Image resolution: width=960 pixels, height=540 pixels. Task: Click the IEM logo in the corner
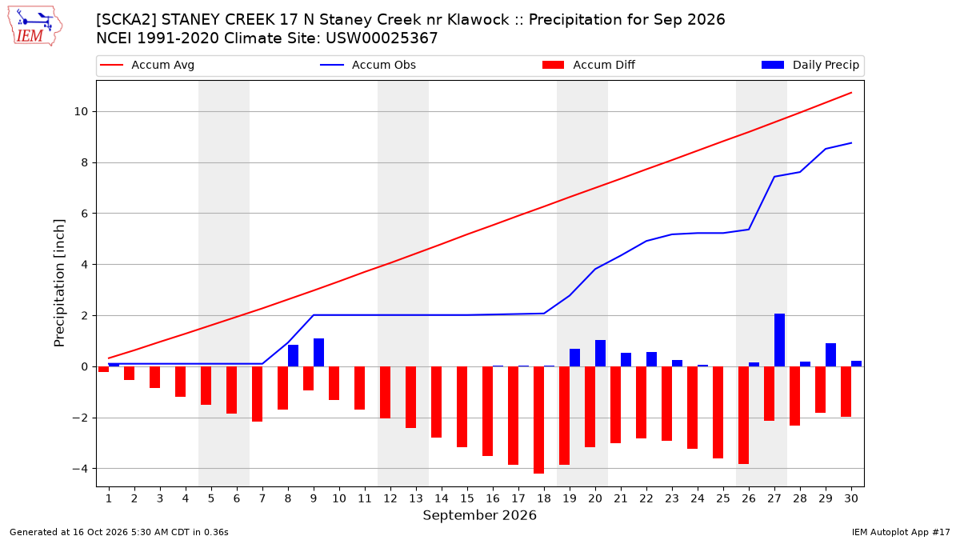click(x=35, y=26)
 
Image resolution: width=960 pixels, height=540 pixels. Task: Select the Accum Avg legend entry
click(x=147, y=65)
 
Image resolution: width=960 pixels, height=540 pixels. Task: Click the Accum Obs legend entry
click(x=368, y=65)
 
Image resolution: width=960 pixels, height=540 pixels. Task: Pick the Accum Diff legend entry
click(x=589, y=65)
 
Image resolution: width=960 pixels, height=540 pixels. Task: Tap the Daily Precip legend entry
click(x=810, y=65)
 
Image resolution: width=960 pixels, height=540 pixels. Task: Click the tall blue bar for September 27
click(x=779, y=340)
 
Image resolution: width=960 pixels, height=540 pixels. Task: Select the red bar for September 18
click(x=538, y=420)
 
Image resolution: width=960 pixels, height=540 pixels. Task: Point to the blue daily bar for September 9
click(x=319, y=353)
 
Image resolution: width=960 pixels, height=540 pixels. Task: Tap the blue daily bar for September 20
click(x=601, y=354)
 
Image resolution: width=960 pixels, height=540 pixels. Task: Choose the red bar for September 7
click(x=257, y=394)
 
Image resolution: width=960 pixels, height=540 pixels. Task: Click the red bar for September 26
click(x=743, y=415)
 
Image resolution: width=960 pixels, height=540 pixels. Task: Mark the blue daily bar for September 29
click(x=830, y=355)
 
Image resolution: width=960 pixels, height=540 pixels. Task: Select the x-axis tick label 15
click(x=467, y=498)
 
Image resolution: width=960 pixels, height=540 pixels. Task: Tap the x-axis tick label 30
click(x=851, y=498)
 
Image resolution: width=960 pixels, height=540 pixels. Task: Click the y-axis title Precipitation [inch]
click(x=59, y=283)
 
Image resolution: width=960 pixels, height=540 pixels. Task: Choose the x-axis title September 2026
click(x=479, y=515)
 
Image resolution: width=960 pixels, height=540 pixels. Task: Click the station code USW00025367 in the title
click(x=382, y=38)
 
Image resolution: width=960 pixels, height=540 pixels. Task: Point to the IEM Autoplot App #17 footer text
click(x=901, y=532)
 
